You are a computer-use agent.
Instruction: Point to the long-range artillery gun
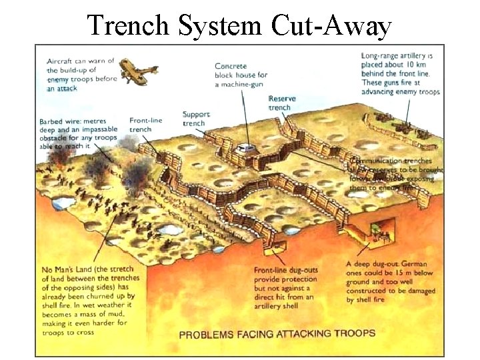(x=401, y=125)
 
